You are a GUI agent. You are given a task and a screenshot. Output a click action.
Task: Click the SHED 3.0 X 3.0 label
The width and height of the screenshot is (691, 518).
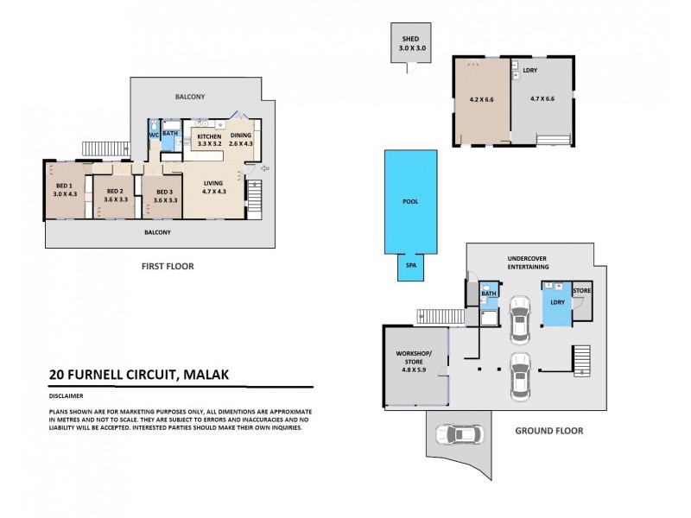pos(411,44)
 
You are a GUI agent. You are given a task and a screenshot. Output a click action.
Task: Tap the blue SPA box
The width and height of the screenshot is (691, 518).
pos(410,267)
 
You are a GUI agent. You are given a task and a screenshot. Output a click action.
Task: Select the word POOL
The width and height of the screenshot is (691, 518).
pos(410,201)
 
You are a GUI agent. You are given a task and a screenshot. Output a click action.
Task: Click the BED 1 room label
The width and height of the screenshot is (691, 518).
pos(65,190)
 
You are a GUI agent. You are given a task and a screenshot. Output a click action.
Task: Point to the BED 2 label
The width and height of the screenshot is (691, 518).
pos(116,195)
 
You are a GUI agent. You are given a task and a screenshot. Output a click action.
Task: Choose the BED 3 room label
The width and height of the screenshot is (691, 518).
pos(165,195)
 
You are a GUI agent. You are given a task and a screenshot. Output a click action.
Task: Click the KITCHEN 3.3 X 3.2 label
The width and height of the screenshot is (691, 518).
pos(210,141)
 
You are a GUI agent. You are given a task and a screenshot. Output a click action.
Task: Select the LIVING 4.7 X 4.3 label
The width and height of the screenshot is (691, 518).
pos(213,186)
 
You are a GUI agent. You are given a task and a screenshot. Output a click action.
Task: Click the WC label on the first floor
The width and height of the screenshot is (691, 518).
pos(153,135)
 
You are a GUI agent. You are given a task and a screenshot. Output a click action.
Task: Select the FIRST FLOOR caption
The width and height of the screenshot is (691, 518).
pos(168,266)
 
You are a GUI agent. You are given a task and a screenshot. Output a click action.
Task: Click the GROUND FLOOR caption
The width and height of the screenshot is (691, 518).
pos(548,430)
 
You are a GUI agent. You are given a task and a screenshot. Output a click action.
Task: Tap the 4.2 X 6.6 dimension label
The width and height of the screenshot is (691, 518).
pos(482,100)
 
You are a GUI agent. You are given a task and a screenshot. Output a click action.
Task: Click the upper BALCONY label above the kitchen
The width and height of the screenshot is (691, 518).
pos(193,97)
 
